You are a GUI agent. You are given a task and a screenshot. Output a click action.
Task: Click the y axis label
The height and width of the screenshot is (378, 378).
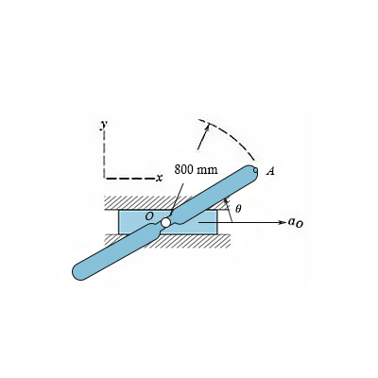[102, 125]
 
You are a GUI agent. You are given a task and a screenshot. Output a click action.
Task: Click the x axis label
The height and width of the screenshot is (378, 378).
[160, 177]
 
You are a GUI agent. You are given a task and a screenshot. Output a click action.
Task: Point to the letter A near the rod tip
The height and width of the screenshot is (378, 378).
[270, 172]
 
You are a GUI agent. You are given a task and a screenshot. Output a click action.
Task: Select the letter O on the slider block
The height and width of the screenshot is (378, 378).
[148, 215]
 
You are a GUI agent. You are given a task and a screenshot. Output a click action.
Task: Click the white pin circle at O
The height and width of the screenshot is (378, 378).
[166, 222]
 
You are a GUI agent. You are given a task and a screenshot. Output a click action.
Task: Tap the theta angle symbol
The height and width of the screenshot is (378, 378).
[238, 209]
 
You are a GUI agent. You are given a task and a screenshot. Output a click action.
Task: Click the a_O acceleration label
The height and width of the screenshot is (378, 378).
[296, 223]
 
